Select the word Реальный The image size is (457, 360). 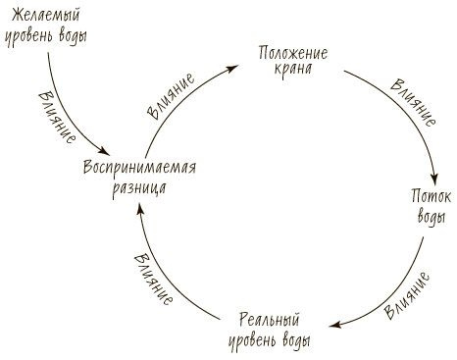point(268,321)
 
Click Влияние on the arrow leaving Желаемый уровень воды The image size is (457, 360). point(56,115)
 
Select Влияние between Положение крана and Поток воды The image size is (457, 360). point(412,106)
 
